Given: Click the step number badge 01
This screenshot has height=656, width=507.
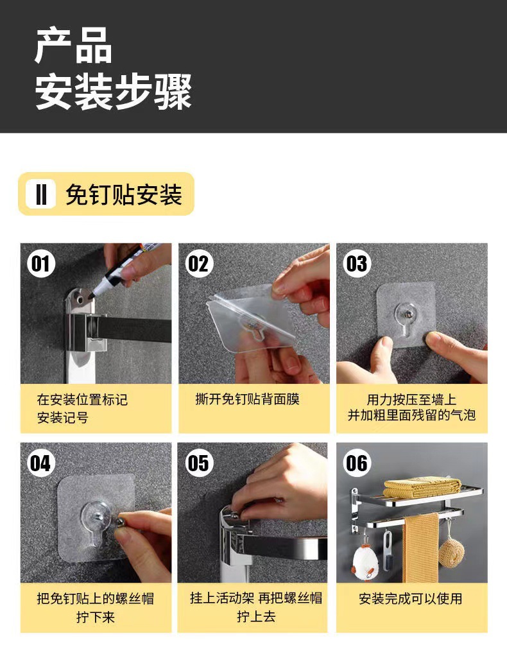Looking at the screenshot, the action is pos(40,264).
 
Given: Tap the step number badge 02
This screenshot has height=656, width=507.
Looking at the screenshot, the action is pos(199,264).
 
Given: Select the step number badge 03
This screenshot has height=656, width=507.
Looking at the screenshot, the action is pos(357,264).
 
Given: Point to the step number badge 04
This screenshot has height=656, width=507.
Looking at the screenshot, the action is pos(40,463).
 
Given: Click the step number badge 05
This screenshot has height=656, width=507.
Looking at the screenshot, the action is pos(199,463).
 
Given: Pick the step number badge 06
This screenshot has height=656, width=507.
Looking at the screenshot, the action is pos(357,463).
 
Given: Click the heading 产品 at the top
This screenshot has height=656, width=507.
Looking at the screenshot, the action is pos(74,46).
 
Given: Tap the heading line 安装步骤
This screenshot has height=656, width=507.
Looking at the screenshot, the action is pos(114,92).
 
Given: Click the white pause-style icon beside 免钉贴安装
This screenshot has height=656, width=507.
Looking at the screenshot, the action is pos(40,194).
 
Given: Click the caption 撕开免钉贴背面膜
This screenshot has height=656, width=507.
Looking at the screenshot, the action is pos(248,399).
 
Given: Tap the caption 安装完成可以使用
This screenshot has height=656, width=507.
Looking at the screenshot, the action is pos(411,598).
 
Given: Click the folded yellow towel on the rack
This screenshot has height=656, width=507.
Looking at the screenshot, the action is pos(422,487).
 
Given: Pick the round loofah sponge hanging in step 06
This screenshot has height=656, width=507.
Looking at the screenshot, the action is pos(451,552).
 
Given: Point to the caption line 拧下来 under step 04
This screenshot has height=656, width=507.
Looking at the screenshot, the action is pos(96,617).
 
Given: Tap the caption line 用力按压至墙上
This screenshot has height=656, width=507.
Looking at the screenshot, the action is pos(411,399).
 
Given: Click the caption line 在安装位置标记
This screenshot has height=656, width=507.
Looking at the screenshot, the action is pos(82,399).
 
